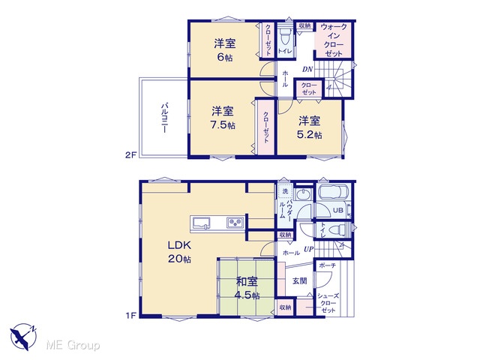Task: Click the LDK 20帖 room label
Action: (x=179, y=252)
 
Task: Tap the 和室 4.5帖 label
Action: (x=247, y=288)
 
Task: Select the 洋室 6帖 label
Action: (x=225, y=50)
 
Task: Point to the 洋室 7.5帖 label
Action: (x=223, y=118)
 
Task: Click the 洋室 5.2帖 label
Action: (x=310, y=127)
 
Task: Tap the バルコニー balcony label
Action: (x=164, y=118)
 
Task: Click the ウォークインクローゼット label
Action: (x=334, y=40)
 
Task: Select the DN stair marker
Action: (x=307, y=70)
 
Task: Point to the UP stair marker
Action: (x=309, y=250)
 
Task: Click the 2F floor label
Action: (x=130, y=155)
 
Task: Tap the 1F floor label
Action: (x=130, y=315)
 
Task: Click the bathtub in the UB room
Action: (x=334, y=193)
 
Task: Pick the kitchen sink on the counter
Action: (x=200, y=223)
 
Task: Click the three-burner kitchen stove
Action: (x=235, y=222)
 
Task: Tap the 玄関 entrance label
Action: (x=299, y=280)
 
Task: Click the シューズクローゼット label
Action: (x=328, y=303)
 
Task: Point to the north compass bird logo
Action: (x=23, y=337)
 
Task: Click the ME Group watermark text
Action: (x=73, y=346)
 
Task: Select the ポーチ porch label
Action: (x=327, y=265)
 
